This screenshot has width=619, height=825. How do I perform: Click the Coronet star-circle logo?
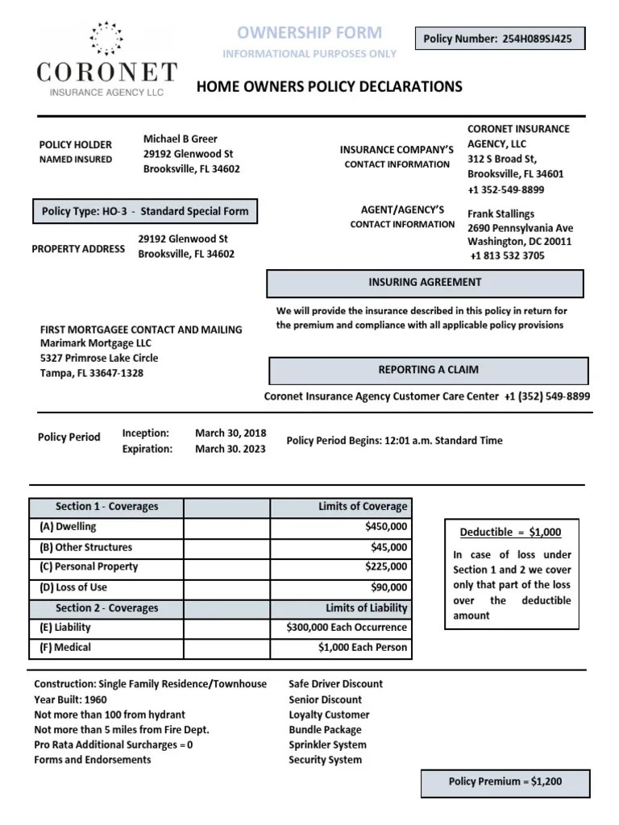click(106, 39)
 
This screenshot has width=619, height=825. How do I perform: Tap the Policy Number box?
click(498, 39)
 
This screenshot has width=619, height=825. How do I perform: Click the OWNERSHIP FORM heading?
click(309, 33)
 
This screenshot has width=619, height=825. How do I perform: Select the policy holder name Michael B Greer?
click(181, 139)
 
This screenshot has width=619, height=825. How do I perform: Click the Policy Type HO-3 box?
click(145, 212)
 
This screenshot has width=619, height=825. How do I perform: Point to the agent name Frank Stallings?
click(501, 214)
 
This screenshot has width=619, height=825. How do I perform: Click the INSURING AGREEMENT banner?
click(425, 283)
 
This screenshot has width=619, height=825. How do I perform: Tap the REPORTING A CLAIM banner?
click(428, 370)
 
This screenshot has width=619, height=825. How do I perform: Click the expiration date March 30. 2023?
click(231, 450)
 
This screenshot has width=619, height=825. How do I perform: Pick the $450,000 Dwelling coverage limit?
click(386, 527)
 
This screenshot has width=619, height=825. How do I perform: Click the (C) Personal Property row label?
click(89, 566)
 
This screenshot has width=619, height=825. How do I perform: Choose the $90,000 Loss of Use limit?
click(389, 588)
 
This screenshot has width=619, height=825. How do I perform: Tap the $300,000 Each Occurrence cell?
click(347, 628)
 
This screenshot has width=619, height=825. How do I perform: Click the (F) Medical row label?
click(65, 647)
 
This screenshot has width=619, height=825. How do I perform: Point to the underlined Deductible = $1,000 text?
click(510, 533)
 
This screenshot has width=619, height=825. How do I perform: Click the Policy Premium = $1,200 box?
click(505, 781)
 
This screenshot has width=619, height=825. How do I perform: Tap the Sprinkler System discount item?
click(327, 744)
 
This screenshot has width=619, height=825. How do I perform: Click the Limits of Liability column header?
click(367, 608)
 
